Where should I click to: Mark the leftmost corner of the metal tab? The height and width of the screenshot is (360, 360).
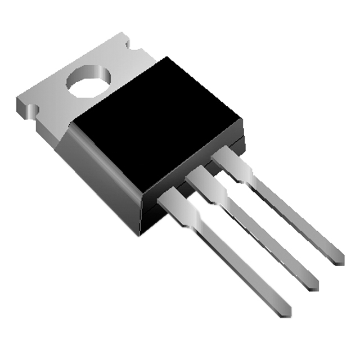coord(17,101)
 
